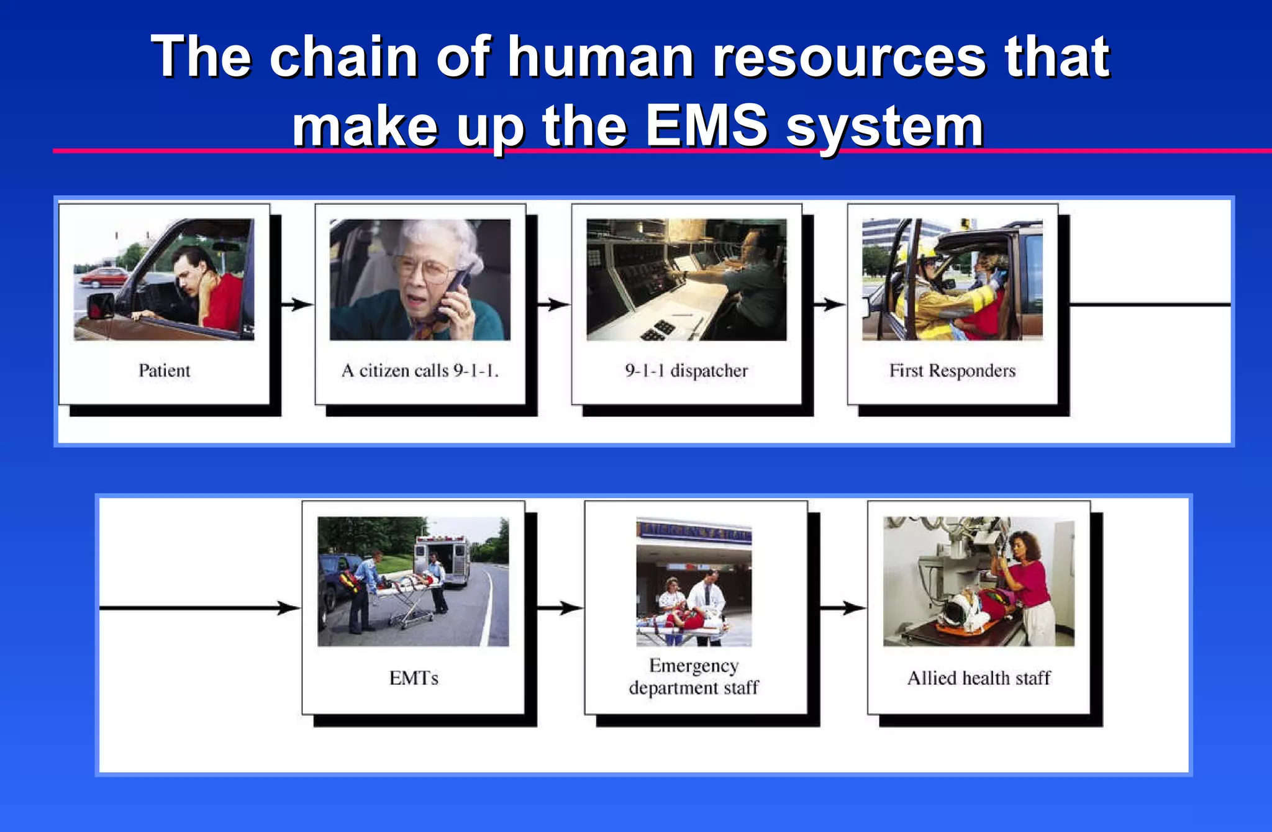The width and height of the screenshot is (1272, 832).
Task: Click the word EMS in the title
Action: [706, 126]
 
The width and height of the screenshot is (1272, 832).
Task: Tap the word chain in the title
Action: [343, 57]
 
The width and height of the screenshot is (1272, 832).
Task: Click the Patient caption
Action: [164, 371]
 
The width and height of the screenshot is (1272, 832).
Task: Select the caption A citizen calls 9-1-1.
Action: [420, 371]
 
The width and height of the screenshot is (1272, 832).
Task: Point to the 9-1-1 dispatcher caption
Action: [686, 371]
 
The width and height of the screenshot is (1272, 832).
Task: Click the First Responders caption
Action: [952, 371]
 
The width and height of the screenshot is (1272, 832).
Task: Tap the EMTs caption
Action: [414, 678]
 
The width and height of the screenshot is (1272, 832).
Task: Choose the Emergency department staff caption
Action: [694, 677]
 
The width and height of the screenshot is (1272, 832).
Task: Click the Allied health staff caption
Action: [979, 678]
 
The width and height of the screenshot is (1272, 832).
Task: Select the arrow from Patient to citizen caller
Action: [298, 304]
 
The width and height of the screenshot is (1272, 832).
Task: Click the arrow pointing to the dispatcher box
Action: [554, 304]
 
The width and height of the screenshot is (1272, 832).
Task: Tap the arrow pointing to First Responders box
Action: [830, 304]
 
